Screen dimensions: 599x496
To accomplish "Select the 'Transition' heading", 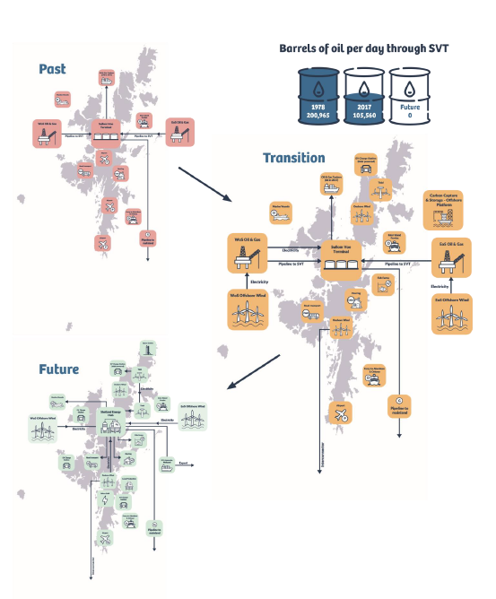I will pyautogui.click(x=293, y=158).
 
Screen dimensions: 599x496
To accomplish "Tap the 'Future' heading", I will pyautogui.click(x=58, y=369).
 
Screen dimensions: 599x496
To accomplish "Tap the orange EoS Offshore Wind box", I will pyautogui.click(x=451, y=315).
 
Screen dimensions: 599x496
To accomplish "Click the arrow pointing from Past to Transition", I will pyautogui.click(x=204, y=182).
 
